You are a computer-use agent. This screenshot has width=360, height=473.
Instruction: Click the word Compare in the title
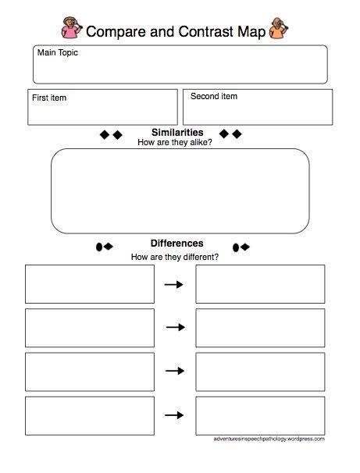pyautogui.click(x=112, y=31)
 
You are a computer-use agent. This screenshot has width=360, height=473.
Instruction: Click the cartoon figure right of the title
pyautogui.click(x=277, y=30)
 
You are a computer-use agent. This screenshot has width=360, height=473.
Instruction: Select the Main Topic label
pyautogui.click(x=57, y=53)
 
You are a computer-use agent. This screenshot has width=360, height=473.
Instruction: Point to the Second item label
pyautogui.click(x=214, y=97)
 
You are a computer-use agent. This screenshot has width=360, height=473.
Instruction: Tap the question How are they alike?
pyautogui.click(x=175, y=143)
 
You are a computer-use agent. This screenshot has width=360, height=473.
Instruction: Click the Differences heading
pyautogui.click(x=176, y=243)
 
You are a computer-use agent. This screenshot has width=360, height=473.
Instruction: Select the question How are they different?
pyautogui.click(x=175, y=257)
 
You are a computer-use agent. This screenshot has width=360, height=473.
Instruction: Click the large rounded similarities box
pyautogui.click(x=180, y=191)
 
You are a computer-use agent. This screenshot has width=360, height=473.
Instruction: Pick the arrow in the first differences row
pyautogui.click(x=174, y=285)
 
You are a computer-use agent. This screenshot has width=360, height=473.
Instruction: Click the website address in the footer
pyautogui.click(x=268, y=439)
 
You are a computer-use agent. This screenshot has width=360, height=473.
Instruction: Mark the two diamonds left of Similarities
pyautogui.click(x=112, y=134)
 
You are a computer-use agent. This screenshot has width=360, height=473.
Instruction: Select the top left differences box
pyautogui.click(x=90, y=284)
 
